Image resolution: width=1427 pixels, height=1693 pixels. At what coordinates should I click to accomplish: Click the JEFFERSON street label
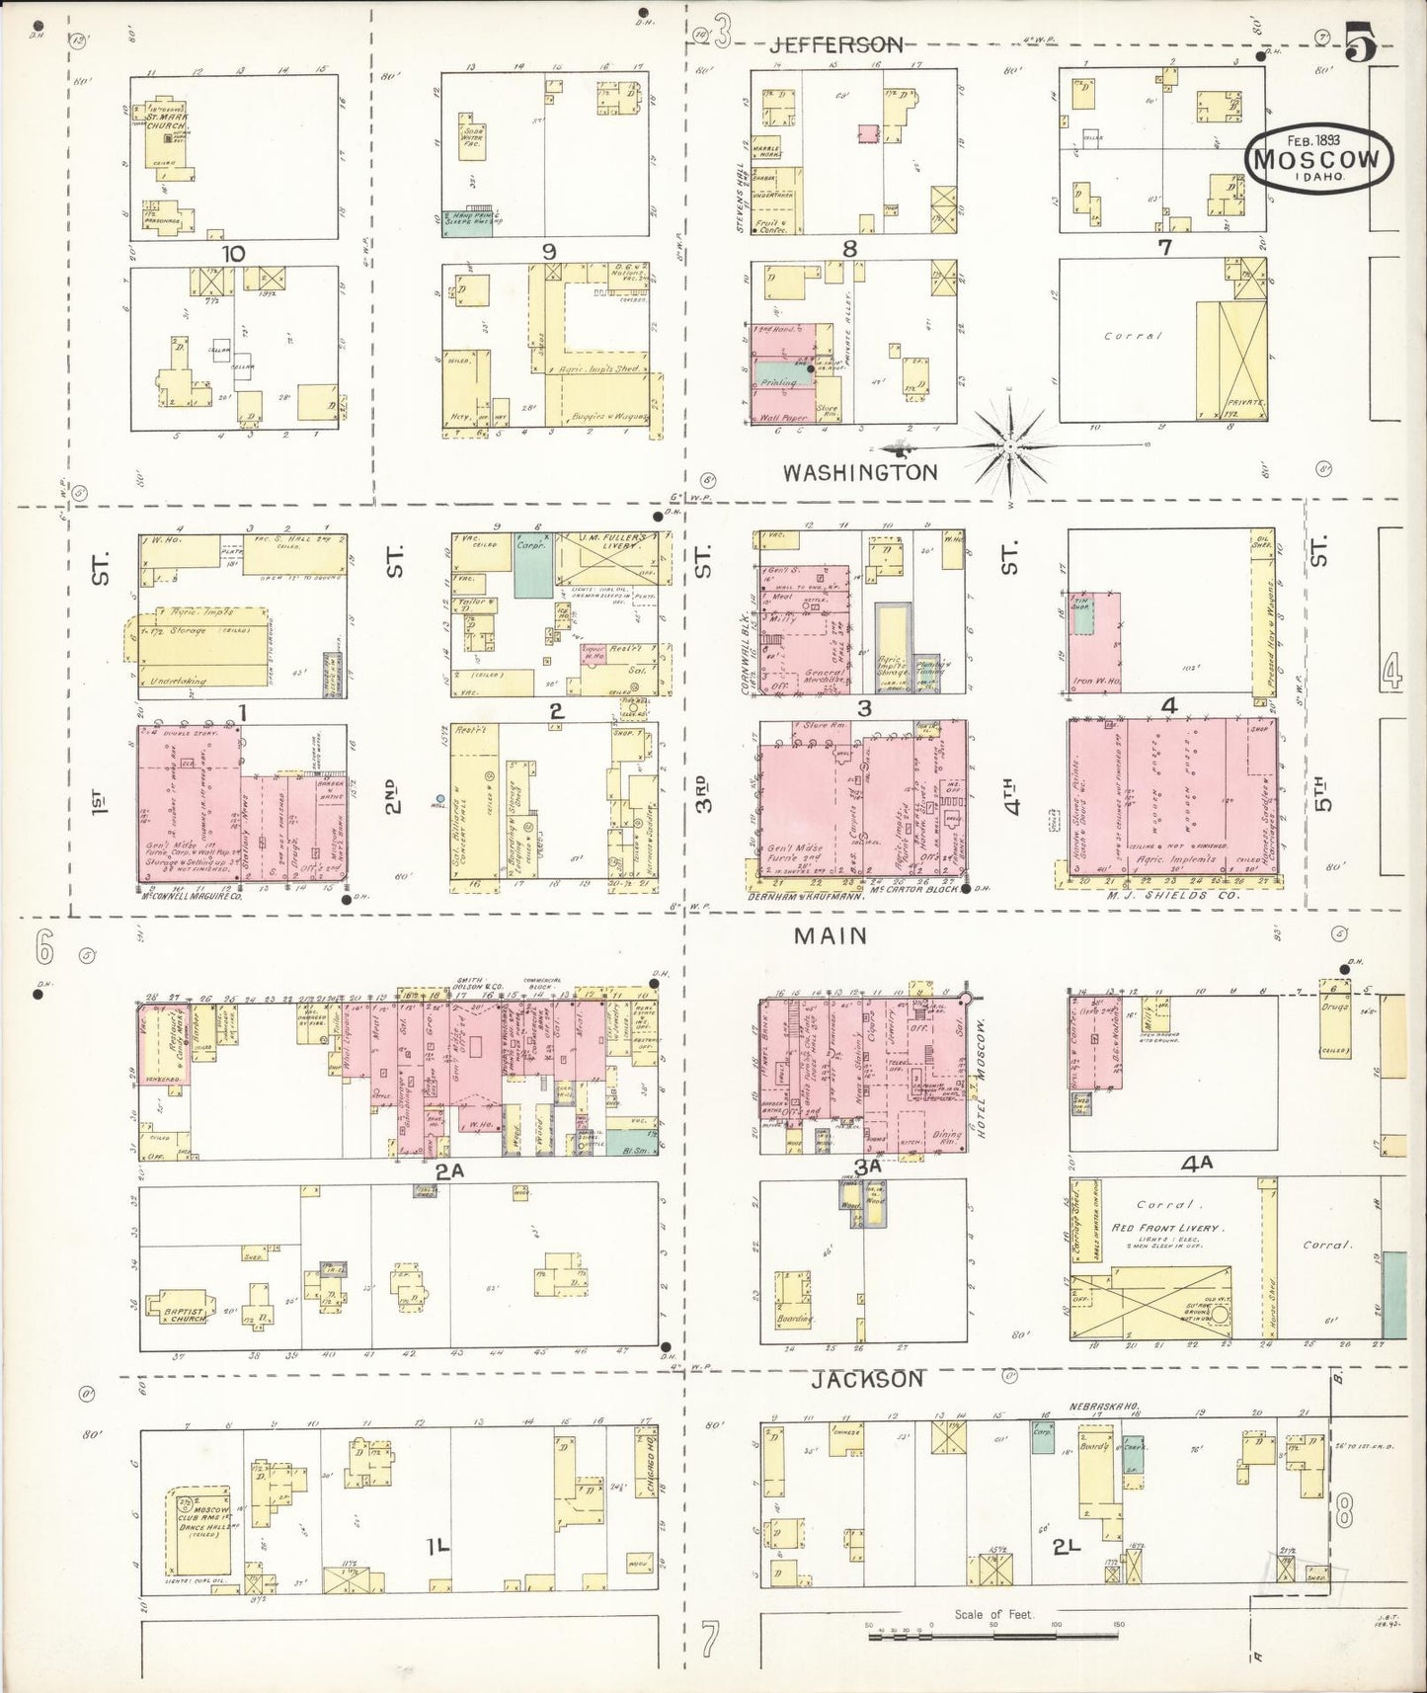pos(837,43)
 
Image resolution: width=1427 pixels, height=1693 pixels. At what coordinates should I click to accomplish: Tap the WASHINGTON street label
pos(860,472)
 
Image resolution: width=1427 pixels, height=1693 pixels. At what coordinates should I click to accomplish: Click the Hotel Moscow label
pos(983,1083)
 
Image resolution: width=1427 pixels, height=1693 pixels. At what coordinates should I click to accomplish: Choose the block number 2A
pos(449,1171)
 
